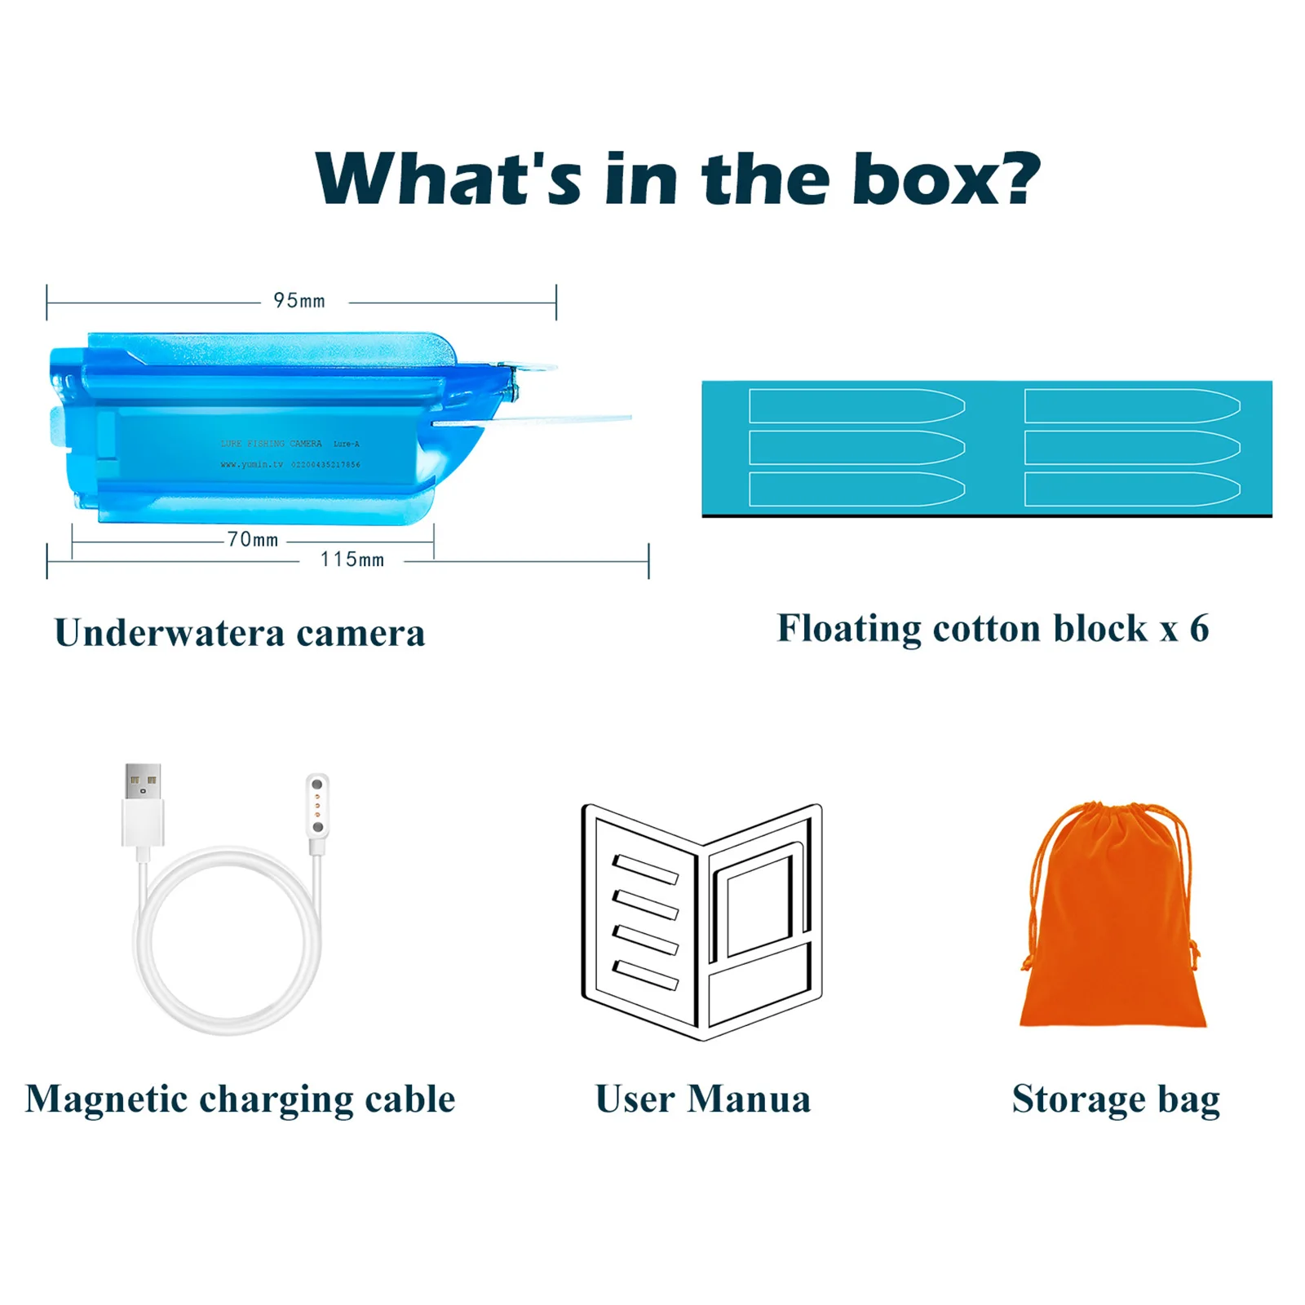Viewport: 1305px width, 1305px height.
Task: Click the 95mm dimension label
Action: tap(299, 301)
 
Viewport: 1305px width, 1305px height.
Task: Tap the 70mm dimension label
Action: tap(253, 540)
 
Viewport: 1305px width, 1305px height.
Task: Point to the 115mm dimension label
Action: tap(352, 560)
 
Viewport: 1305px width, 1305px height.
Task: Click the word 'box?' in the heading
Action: tap(946, 179)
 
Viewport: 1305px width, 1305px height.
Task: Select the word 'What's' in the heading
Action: tap(449, 179)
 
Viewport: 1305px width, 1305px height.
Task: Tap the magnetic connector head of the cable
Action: tap(317, 806)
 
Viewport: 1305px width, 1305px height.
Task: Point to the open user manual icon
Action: tap(701, 922)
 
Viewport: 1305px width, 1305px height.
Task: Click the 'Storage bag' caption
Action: tap(1116, 1099)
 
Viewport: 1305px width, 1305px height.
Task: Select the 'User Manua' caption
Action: tap(703, 1099)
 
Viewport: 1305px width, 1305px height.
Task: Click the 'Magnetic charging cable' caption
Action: tap(240, 1099)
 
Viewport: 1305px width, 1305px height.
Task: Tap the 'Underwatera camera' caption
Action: tap(240, 633)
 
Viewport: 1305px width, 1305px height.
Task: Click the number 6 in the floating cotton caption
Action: tap(1199, 628)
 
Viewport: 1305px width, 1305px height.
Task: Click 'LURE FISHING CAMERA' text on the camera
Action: tap(271, 444)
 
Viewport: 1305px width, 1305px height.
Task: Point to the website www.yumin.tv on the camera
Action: tap(251, 465)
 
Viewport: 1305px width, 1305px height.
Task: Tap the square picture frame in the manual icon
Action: tap(759, 905)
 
